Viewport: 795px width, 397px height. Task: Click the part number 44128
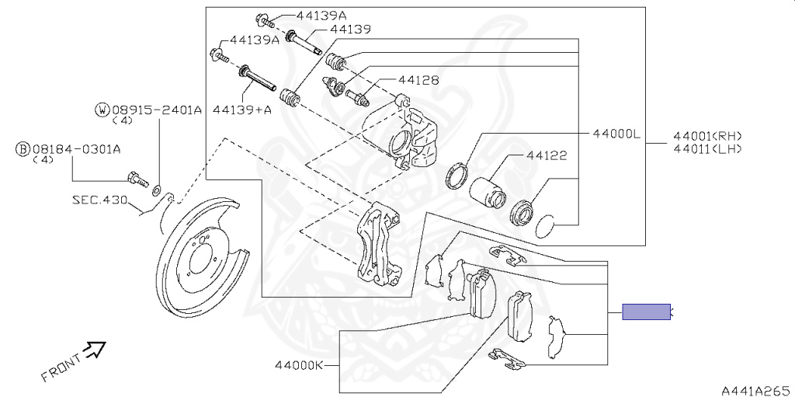419,80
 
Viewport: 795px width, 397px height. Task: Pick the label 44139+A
241,110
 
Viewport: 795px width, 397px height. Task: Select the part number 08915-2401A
157,110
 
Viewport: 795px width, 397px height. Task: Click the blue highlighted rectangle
646,312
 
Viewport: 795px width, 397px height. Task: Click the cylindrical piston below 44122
484,188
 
